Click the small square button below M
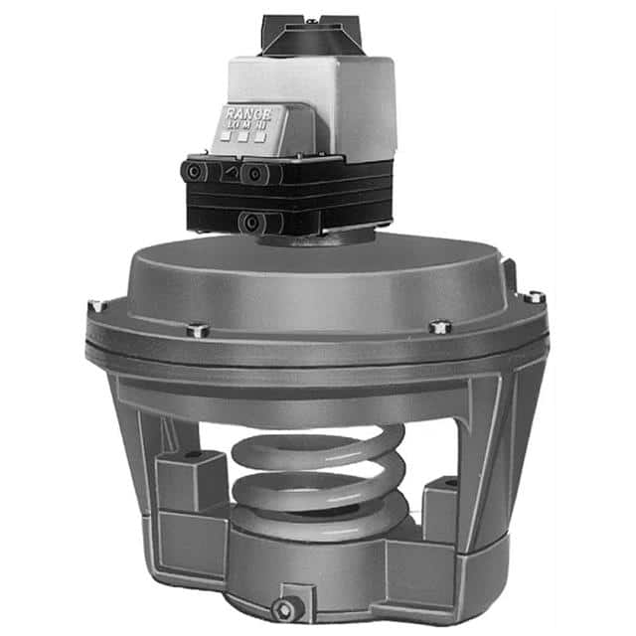[x=244, y=138]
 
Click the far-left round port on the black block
[x=189, y=171]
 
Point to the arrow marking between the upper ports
[x=230, y=172]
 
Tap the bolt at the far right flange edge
[x=534, y=297]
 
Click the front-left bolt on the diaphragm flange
[x=196, y=329]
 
